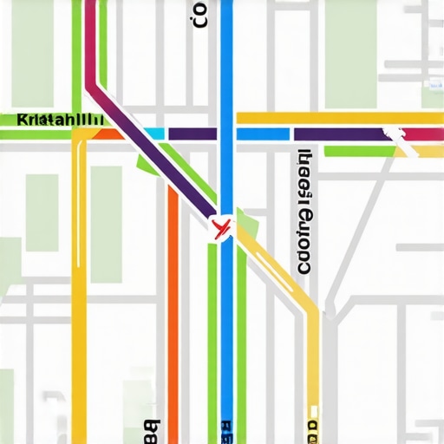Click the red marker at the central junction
[221, 228]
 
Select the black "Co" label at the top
[201, 15]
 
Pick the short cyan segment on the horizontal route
[154, 134]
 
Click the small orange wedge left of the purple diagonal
[108, 134]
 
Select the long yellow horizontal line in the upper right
[338, 118]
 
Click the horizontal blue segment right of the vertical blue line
[263, 134]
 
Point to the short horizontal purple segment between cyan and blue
[192, 134]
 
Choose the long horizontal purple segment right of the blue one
[338, 134]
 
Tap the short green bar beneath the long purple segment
[359, 151]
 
